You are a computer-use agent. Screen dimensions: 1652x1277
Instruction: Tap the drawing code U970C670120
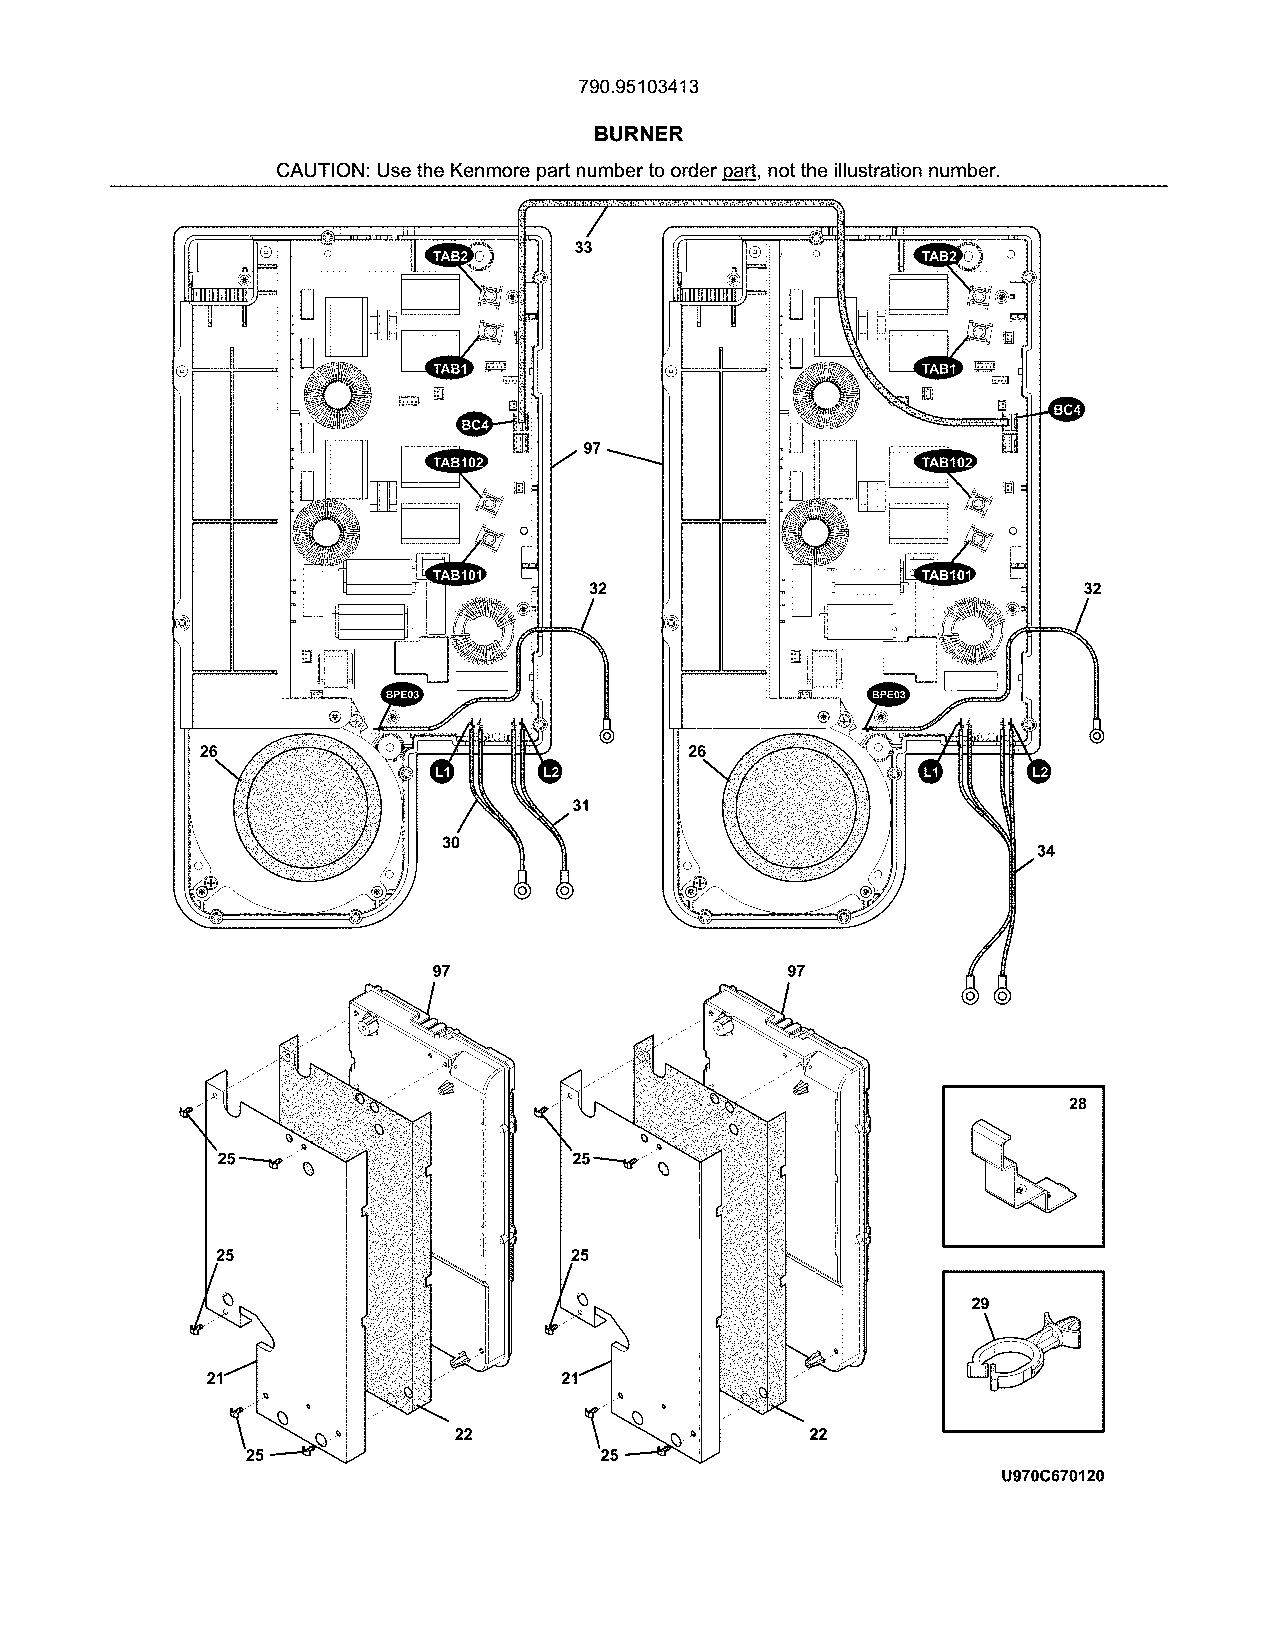click(1052, 1476)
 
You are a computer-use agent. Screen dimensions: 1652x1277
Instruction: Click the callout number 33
click(583, 247)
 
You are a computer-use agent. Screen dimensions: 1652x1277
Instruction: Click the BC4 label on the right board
click(1067, 410)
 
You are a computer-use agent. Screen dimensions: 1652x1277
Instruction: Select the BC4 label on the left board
click(475, 425)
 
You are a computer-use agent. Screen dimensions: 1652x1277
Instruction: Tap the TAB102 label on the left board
click(458, 462)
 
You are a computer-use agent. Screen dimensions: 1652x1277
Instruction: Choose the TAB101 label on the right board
click(946, 575)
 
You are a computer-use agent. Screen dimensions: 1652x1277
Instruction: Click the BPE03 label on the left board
click(402, 694)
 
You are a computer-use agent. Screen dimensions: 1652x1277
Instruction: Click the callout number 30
click(450, 842)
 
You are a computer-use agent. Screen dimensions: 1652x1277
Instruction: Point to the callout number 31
click(580, 806)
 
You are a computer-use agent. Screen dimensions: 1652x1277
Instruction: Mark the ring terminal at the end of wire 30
click(522, 890)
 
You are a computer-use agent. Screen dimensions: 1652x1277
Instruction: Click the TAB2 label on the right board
click(939, 256)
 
